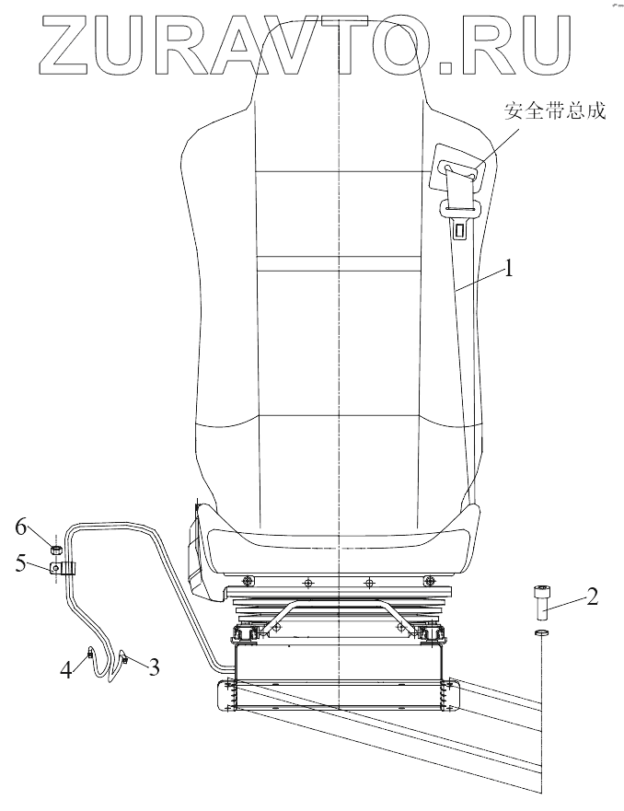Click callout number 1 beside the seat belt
pyautogui.click(x=508, y=270)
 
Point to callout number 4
pyautogui.click(x=66, y=669)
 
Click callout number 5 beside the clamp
pyautogui.click(x=21, y=564)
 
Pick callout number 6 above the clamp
pyautogui.click(x=21, y=527)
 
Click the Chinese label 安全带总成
pyautogui.click(x=554, y=111)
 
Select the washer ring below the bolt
pyautogui.click(x=541, y=634)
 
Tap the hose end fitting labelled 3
pyautogui.click(x=123, y=657)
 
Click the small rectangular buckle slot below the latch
pyautogui.click(x=457, y=229)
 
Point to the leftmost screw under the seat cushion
pyautogui.click(x=247, y=580)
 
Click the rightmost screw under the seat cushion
pyautogui.click(x=430, y=581)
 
